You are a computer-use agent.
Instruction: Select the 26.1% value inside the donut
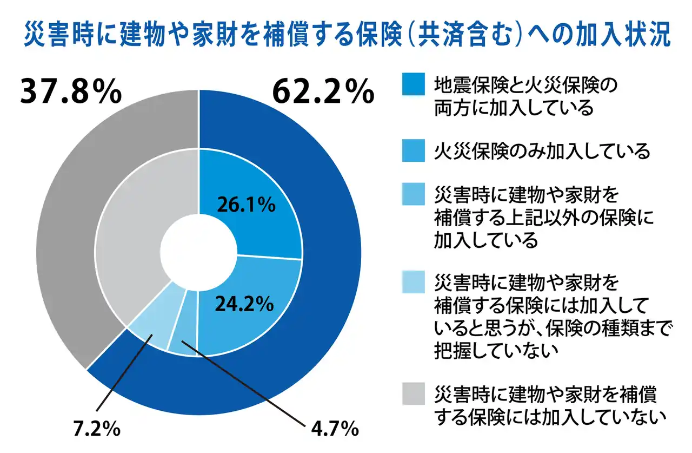pyautogui.click(x=246, y=206)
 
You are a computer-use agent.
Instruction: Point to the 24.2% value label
pyautogui.click(x=243, y=305)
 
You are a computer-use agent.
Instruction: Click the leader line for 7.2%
pyautogui.click(x=122, y=379)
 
